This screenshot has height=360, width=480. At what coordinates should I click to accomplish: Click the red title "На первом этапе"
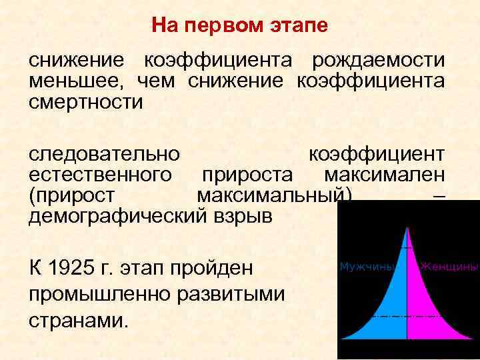[x=239, y=26]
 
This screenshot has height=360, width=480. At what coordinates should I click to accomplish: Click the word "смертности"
[x=85, y=103]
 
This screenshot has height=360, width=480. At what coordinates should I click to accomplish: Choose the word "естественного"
[x=98, y=175]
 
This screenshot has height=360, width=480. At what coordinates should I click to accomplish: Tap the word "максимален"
[x=384, y=175]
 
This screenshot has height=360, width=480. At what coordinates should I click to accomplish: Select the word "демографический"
[x=113, y=218]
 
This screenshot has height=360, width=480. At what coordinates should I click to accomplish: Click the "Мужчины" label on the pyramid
[x=369, y=267]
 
